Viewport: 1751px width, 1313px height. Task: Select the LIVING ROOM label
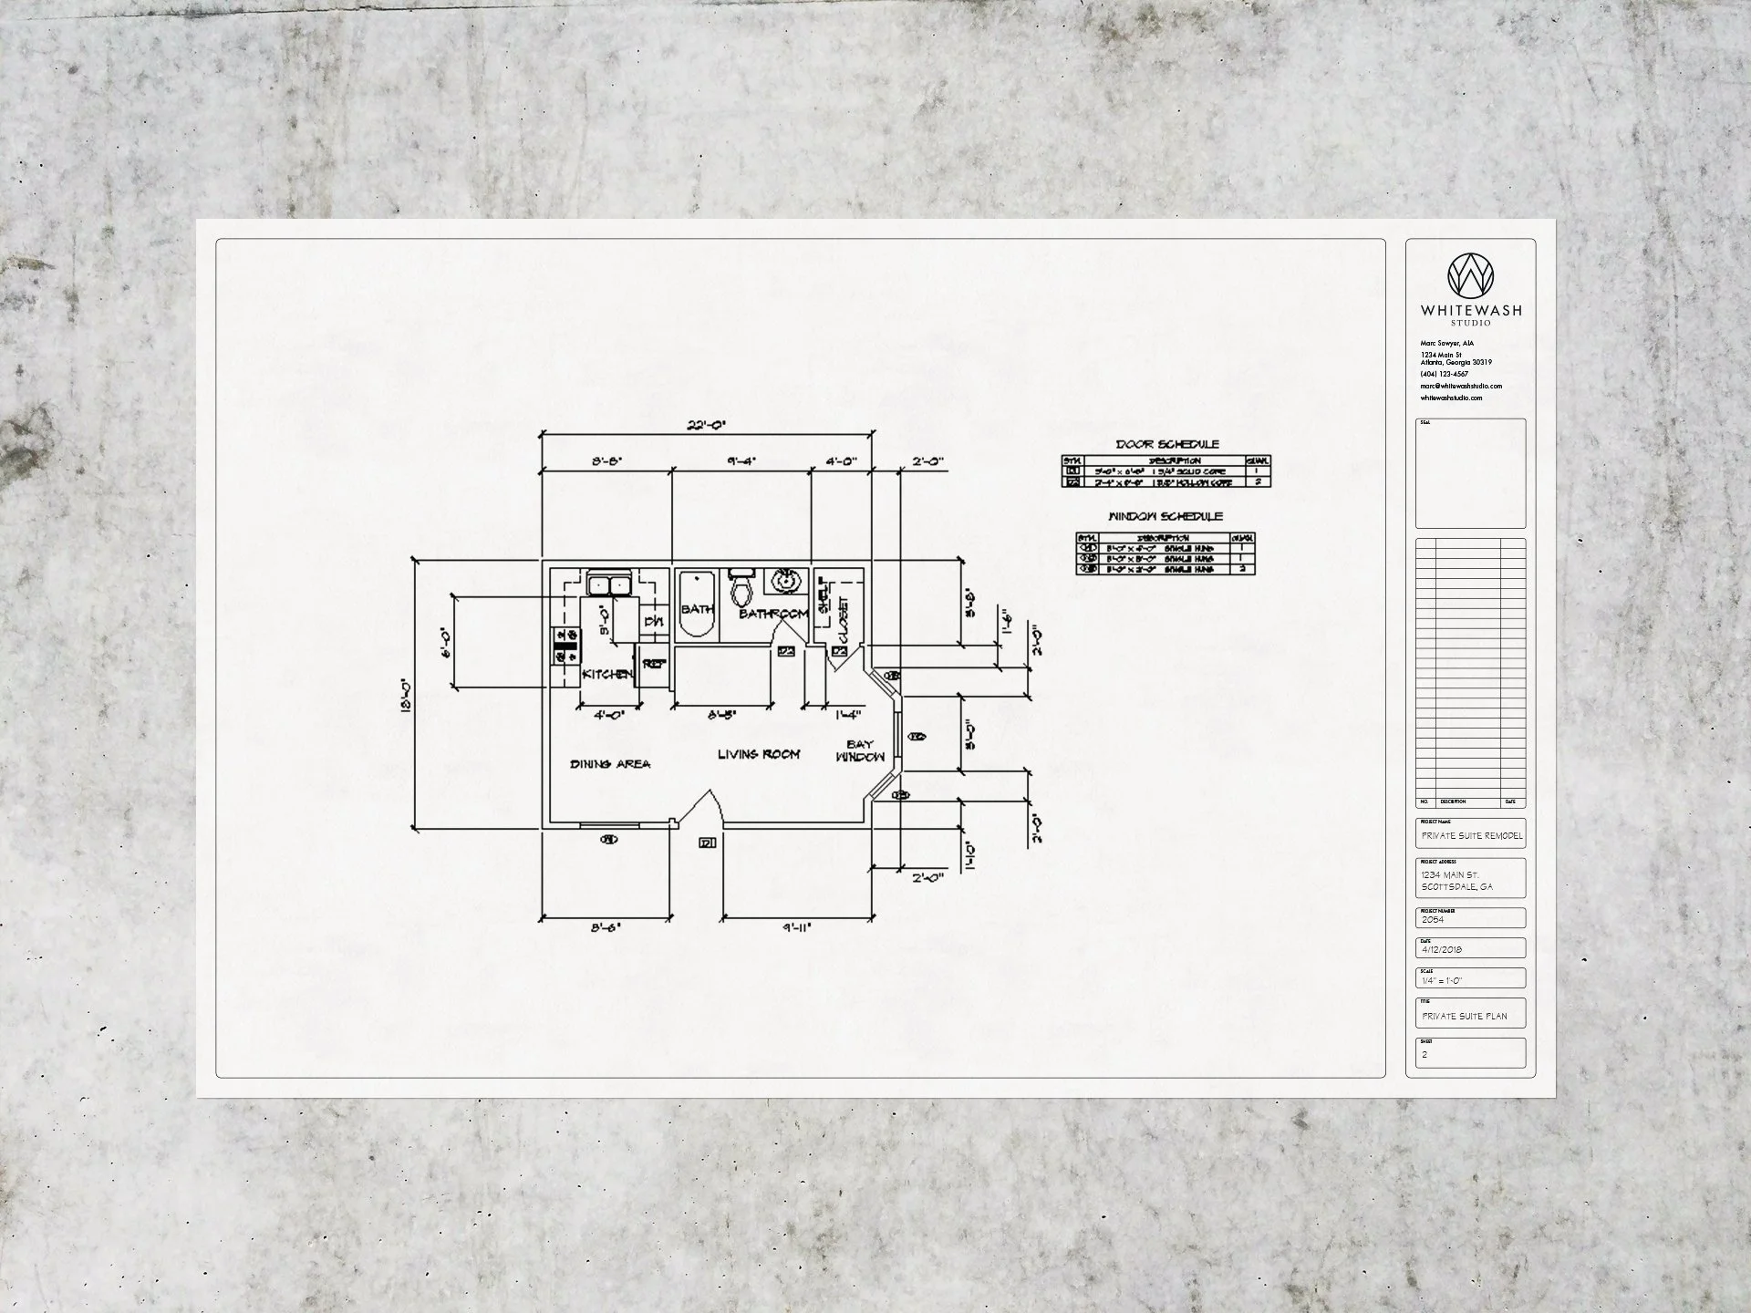758,754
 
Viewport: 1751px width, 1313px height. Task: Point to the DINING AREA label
610,764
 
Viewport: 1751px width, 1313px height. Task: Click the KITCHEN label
606,674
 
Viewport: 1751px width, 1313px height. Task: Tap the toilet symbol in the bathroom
741,589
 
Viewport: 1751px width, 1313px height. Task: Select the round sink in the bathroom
783,580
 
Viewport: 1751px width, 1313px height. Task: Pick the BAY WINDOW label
859,750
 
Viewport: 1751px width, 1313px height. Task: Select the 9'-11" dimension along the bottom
795,928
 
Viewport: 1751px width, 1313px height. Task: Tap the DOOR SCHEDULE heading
1167,444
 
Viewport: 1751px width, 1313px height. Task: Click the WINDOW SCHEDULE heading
1165,516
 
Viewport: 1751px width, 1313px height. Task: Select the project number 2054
1433,920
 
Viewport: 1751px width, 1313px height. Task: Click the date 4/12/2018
1442,950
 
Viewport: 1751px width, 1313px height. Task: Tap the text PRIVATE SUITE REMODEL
1471,835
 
